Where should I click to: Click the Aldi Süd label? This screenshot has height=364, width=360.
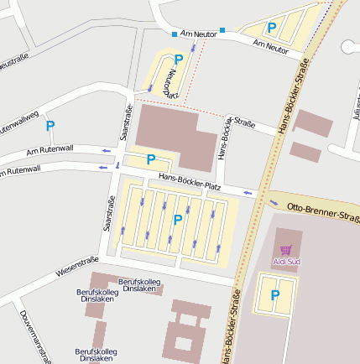click(286, 262)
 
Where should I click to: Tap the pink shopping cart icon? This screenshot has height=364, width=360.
click(286, 250)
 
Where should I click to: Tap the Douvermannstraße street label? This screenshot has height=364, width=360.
click(34, 336)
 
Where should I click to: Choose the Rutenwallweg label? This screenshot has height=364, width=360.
click(18, 122)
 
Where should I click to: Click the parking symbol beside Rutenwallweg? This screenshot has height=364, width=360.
click(50, 126)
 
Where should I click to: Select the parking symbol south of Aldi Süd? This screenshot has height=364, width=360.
click(275, 295)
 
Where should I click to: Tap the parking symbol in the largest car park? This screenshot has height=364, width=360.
click(177, 220)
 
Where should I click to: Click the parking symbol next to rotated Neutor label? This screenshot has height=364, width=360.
click(178, 60)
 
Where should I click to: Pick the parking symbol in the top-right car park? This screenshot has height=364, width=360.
click(272, 28)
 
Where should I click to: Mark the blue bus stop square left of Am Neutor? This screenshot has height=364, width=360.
click(175, 34)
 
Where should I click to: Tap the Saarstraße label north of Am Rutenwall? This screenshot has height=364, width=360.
click(128, 122)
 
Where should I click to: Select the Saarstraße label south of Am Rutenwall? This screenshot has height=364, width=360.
click(108, 213)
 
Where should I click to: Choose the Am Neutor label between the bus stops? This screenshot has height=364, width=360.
click(198, 34)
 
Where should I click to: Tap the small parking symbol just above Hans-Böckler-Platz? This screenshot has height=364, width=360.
click(151, 159)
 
